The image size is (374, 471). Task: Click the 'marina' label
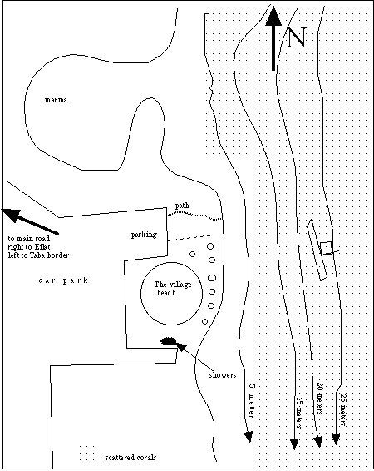[x=56, y=100]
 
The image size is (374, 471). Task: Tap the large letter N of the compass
[x=296, y=37]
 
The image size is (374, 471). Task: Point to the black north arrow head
[x=273, y=16]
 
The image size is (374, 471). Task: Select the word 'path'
[x=182, y=206]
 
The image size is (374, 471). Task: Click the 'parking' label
[x=144, y=235]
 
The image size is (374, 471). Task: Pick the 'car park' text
[x=63, y=280]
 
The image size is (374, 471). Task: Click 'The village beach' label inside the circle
[x=172, y=289]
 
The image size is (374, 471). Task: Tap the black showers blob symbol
[x=168, y=341]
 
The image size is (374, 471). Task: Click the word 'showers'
[x=223, y=375]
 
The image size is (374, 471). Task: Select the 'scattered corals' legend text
[x=130, y=458]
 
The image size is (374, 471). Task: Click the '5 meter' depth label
[x=252, y=401]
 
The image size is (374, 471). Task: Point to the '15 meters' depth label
[x=299, y=413]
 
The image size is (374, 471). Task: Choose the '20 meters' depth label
[x=320, y=399]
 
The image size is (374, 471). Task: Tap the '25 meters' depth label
[x=342, y=410]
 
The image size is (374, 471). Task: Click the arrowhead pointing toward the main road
[x=11, y=214]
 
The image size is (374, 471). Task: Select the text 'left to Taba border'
[x=38, y=255]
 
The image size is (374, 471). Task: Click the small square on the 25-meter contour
[x=326, y=248]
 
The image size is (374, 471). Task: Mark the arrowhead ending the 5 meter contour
[x=249, y=437]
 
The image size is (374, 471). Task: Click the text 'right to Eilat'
[x=29, y=247]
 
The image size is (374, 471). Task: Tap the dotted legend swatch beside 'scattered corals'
[x=86, y=453]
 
